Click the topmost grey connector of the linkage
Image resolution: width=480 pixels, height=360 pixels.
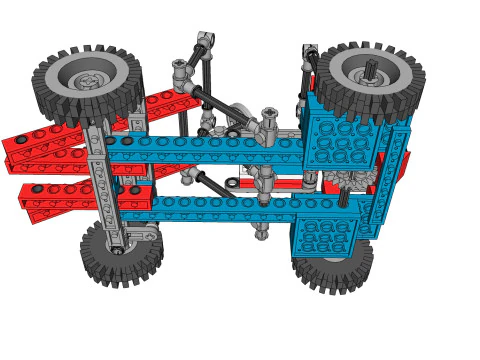[204, 42]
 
